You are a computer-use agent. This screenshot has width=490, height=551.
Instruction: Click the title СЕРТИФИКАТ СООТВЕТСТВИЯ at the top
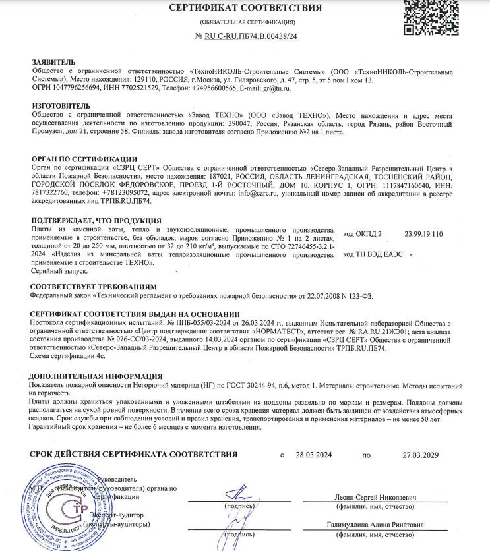tap(246, 9)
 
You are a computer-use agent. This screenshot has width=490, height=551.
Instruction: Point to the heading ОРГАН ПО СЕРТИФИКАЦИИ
tap(84, 159)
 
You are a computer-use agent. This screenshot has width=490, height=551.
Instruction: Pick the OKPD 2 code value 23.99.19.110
tap(423, 234)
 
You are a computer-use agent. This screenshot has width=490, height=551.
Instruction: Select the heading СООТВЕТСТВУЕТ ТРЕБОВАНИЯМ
tap(94, 287)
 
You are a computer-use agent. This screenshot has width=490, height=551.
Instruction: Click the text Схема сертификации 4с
tap(67, 355)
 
